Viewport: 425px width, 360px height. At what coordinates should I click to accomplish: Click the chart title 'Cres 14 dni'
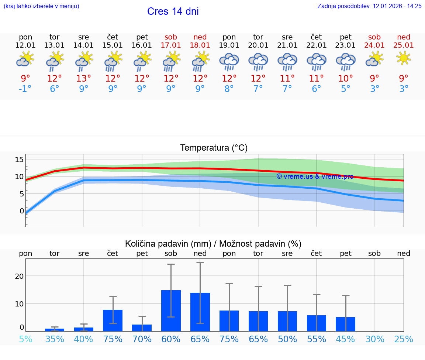(x=173, y=11)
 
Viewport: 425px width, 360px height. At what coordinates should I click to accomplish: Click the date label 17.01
(x=171, y=45)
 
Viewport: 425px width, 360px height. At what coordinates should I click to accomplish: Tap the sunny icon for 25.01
(x=404, y=58)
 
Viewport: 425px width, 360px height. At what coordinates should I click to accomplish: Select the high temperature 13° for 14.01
(x=84, y=79)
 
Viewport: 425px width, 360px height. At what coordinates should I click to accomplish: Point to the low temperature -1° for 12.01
(x=25, y=89)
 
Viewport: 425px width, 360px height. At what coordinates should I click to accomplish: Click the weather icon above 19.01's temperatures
(x=229, y=61)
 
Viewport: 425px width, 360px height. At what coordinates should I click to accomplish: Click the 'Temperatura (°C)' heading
(x=214, y=148)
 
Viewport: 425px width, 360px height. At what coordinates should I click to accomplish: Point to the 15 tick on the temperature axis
(x=19, y=160)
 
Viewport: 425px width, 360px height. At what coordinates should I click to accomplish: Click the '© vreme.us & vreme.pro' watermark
(x=315, y=176)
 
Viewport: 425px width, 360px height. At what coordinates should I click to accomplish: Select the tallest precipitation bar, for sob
(x=171, y=311)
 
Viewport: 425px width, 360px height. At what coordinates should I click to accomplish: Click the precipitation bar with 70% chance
(x=142, y=328)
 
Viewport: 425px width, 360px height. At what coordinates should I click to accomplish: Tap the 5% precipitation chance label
(x=25, y=339)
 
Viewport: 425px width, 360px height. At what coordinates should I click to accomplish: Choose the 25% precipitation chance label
(x=404, y=339)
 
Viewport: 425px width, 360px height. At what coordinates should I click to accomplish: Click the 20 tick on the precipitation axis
(x=19, y=276)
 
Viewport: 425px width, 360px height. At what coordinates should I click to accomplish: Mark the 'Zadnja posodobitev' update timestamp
(x=369, y=6)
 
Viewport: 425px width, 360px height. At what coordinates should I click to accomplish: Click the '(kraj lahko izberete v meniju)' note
(x=41, y=6)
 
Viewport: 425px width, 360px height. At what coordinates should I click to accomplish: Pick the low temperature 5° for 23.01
(x=346, y=89)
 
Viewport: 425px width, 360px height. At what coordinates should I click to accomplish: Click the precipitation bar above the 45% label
(x=345, y=324)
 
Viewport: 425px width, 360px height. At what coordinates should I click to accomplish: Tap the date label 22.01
(x=317, y=45)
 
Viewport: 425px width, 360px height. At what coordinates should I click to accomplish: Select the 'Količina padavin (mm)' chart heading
(x=168, y=244)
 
